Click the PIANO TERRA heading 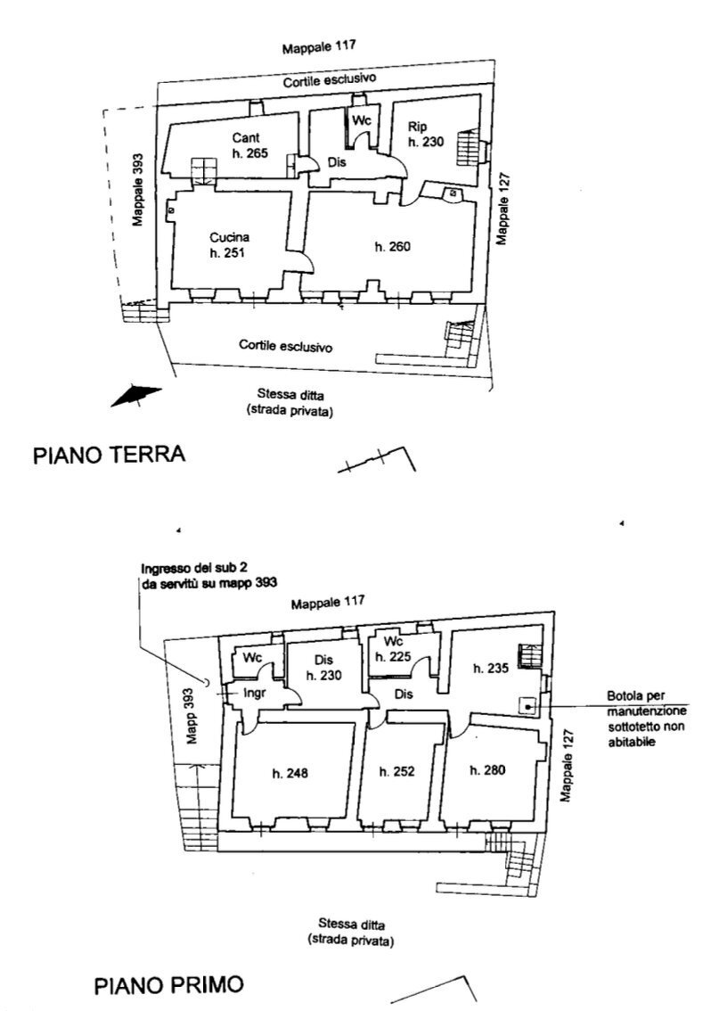(x=109, y=455)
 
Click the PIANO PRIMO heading (x=168, y=985)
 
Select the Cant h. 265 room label (x=249, y=145)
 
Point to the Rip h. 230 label (x=425, y=134)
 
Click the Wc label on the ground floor (x=361, y=120)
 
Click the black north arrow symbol (x=135, y=395)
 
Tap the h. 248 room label (x=290, y=773)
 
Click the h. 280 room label (x=487, y=769)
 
